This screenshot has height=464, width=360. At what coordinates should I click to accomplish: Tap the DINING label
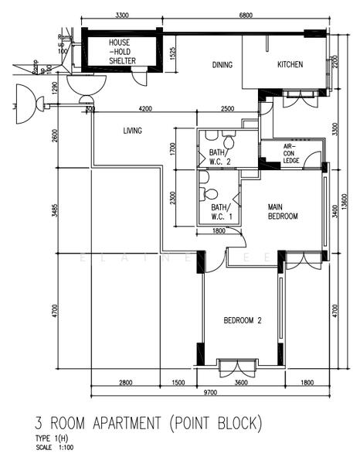222,65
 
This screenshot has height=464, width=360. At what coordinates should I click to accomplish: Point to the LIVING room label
132,131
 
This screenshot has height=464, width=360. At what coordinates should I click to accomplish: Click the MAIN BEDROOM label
283,212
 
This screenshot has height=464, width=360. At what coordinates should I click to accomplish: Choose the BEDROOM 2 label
243,320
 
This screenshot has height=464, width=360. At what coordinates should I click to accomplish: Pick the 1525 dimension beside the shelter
174,53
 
